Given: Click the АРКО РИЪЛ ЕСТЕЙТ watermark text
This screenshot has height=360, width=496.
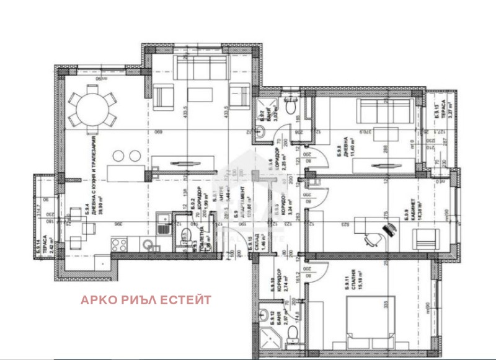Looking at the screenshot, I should pyautogui.click(x=146, y=300).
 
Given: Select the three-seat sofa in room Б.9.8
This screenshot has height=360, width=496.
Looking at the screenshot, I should pyautogui.click(x=374, y=114).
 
